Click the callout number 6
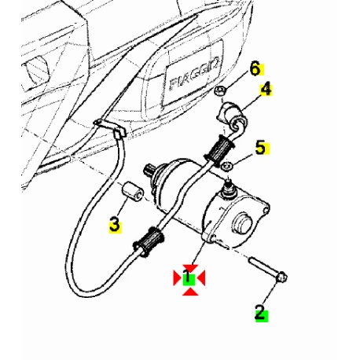(x=254, y=68)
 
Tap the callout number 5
(x=260, y=147)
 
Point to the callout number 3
(x=115, y=226)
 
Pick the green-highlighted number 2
(x=260, y=313)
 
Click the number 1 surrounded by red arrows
(x=189, y=277)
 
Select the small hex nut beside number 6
(x=221, y=93)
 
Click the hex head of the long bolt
(x=282, y=277)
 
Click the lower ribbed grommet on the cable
(x=151, y=241)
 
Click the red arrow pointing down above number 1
(x=189, y=265)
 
